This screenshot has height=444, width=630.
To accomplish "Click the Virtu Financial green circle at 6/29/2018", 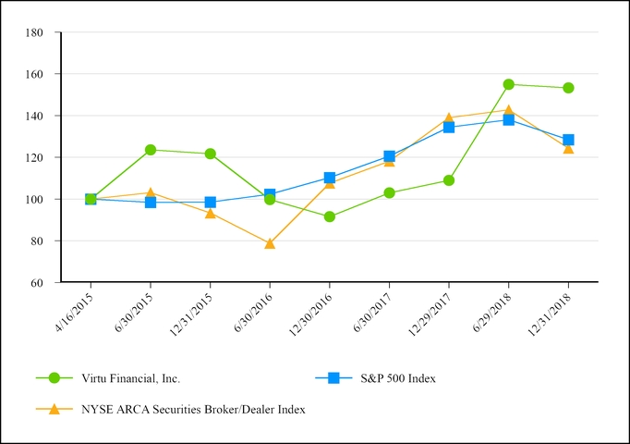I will [x=509, y=84].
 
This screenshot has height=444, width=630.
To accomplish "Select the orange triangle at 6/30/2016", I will [x=270, y=243].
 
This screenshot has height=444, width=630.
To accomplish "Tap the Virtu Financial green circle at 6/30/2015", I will [x=151, y=149].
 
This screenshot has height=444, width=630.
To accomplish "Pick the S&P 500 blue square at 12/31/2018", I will [x=568, y=140].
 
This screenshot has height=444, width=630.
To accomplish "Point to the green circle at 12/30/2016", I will [x=330, y=216].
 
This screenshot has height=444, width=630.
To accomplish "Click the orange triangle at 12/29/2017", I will [x=449, y=118].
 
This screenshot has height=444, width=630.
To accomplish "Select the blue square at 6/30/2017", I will [x=389, y=156].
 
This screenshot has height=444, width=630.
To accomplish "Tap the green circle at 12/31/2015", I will [x=211, y=154].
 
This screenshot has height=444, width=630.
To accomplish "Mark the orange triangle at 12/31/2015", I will [x=211, y=213].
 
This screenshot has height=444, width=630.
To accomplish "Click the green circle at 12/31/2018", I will [x=568, y=88].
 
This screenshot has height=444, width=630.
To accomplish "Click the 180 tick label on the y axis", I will [x=35, y=32].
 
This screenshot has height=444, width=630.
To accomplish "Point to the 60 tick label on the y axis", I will [x=38, y=282].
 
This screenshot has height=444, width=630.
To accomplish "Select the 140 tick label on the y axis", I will [x=35, y=116].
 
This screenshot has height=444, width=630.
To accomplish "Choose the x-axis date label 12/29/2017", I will [x=430, y=314].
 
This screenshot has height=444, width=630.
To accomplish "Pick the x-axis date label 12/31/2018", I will [x=550, y=314].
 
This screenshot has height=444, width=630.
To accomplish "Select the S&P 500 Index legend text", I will [x=398, y=377].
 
